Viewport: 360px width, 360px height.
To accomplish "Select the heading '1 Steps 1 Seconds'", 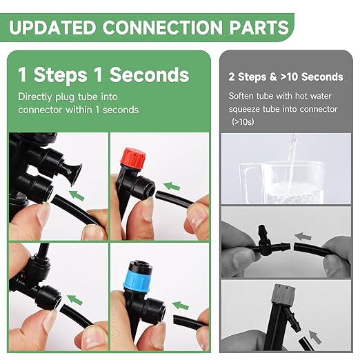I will (103, 74).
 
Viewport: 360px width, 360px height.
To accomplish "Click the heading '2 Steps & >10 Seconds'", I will (286, 77).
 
